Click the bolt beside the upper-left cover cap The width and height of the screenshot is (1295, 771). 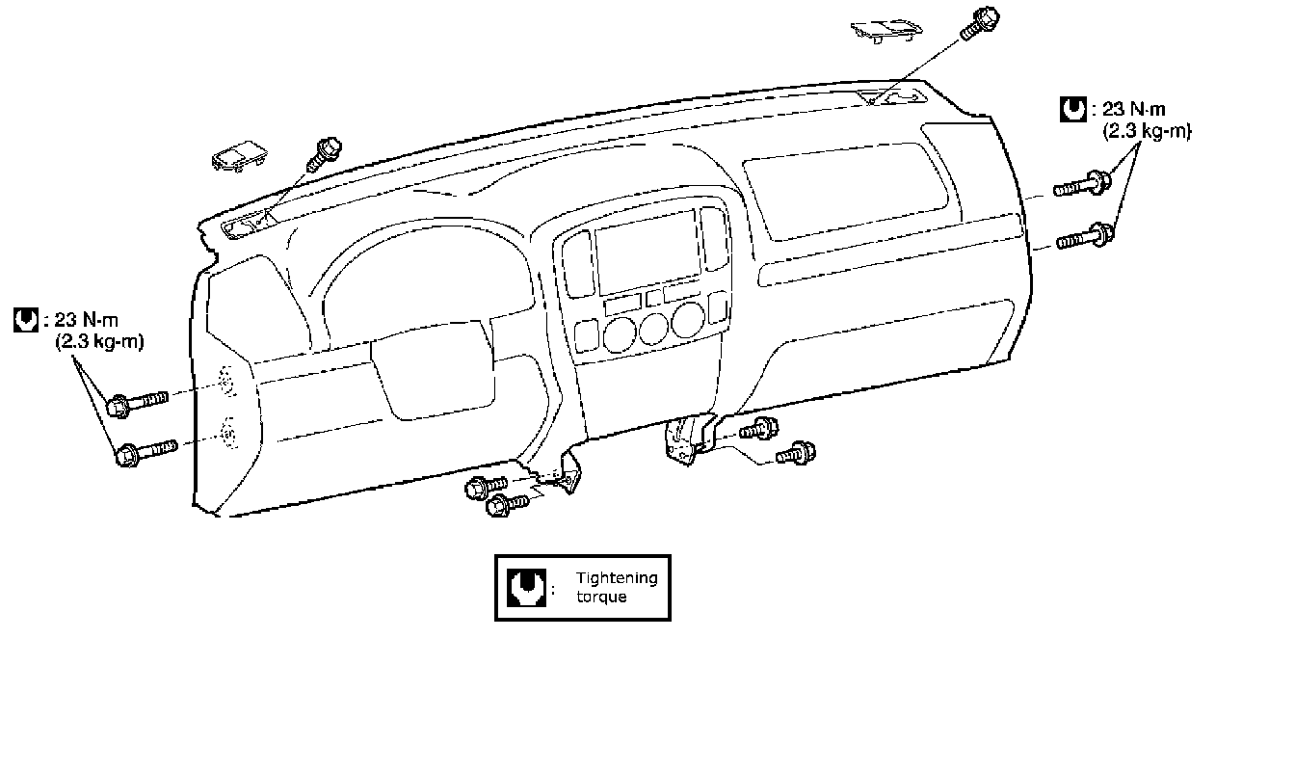(x=324, y=155)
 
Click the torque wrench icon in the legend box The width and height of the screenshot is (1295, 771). (x=524, y=587)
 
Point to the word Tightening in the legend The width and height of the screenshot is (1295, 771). (x=617, y=578)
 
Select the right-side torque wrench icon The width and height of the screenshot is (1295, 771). (x=1071, y=109)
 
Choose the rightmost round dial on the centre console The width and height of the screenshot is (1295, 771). (x=688, y=321)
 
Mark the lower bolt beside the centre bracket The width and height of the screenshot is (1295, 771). (x=796, y=452)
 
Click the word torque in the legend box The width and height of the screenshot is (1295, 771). (x=601, y=597)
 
